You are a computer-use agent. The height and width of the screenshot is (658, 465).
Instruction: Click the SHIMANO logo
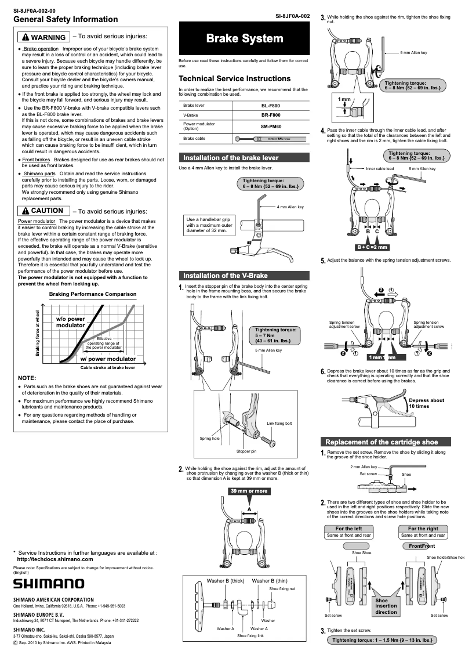tap(49, 583)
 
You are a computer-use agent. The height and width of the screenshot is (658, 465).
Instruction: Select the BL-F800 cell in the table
tap(270, 106)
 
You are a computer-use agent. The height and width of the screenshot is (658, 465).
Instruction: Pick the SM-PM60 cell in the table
tap(270, 126)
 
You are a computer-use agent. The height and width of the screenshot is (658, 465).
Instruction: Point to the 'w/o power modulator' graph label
tap(70, 322)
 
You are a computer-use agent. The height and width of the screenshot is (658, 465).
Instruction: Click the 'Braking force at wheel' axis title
tap(38, 333)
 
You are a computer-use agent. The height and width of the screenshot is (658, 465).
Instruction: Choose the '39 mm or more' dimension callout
tap(249, 491)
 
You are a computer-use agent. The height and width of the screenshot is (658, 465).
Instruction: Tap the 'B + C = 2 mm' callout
tap(372, 247)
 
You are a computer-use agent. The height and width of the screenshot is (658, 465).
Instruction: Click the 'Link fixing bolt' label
tap(279, 423)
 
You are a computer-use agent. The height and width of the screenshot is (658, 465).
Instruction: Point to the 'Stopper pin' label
tap(246, 451)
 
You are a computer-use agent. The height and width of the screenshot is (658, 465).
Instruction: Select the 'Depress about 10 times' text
tap(426, 403)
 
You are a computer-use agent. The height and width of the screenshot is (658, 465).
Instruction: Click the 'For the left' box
tap(348, 529)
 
